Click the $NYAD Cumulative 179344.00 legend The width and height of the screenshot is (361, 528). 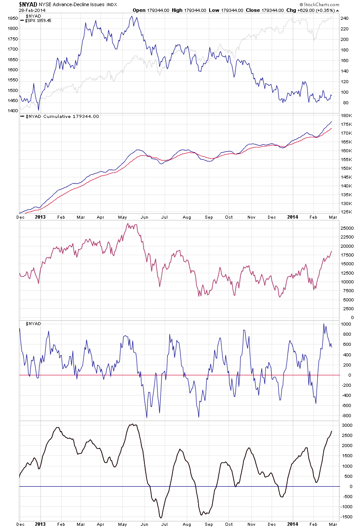pyautogui.click(x=62, y=117)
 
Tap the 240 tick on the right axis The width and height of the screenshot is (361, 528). pyautogui.click(x=345, y=18)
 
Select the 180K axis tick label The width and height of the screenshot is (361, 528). pyautogui.click(x=346, y=116)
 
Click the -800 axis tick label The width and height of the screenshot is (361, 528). pyautogui.click(x=346, y=416)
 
